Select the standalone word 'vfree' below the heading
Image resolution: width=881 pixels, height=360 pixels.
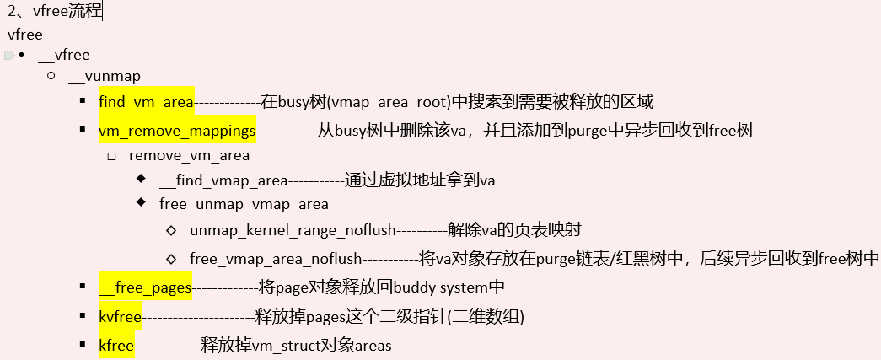coord(24,35)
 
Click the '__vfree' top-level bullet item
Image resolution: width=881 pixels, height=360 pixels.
coord(64,55)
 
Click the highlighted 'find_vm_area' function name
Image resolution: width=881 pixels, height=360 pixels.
coord(146,101)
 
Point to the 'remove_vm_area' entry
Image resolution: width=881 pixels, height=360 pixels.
coord(189,156)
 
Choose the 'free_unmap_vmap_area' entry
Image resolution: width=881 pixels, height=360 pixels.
coord(244,204)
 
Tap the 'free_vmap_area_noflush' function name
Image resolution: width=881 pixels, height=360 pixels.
coord(276,258)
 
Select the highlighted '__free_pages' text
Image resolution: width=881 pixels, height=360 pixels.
coord(145,287)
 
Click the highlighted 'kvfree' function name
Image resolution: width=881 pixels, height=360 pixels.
coord(120,317)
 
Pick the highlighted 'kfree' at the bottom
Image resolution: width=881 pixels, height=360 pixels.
coord(115,346)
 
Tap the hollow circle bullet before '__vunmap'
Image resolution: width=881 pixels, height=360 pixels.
coord(52,76)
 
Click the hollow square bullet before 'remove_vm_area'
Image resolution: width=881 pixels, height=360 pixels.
coord(112,156)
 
